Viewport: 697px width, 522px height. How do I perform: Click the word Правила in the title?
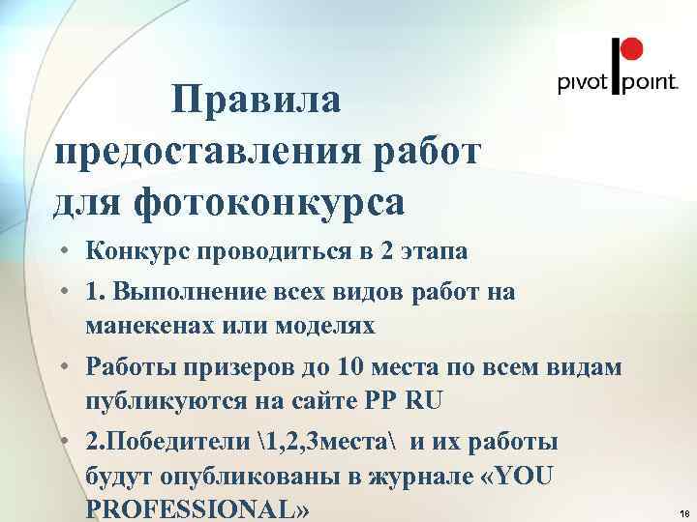(x=256, y=101)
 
